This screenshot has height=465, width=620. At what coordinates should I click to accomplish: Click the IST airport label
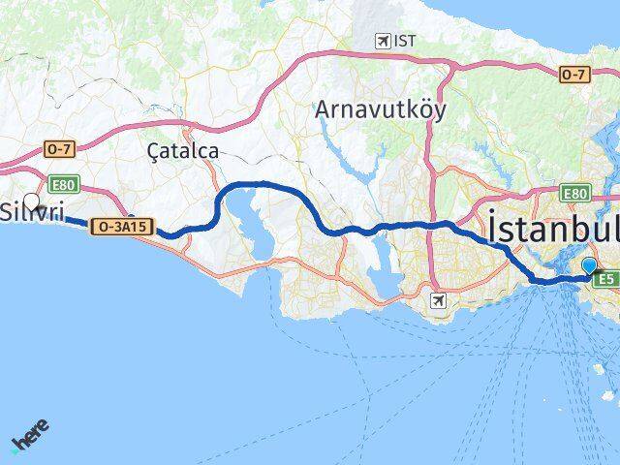402,40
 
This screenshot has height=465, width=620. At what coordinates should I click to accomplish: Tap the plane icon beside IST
384,41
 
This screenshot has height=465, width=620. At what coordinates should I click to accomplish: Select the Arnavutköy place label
381,109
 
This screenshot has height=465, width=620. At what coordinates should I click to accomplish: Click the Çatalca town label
183,151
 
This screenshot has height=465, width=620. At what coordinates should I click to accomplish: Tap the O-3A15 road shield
121,227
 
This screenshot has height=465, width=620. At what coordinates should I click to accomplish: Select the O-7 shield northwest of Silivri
57,149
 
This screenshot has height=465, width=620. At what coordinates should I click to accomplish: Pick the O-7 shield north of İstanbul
575,74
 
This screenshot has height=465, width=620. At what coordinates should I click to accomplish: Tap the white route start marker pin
32,202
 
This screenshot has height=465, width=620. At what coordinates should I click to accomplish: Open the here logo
29,435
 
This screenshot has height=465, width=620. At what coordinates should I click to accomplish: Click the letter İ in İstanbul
495,229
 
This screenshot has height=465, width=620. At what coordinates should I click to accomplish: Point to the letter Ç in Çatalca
149,151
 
